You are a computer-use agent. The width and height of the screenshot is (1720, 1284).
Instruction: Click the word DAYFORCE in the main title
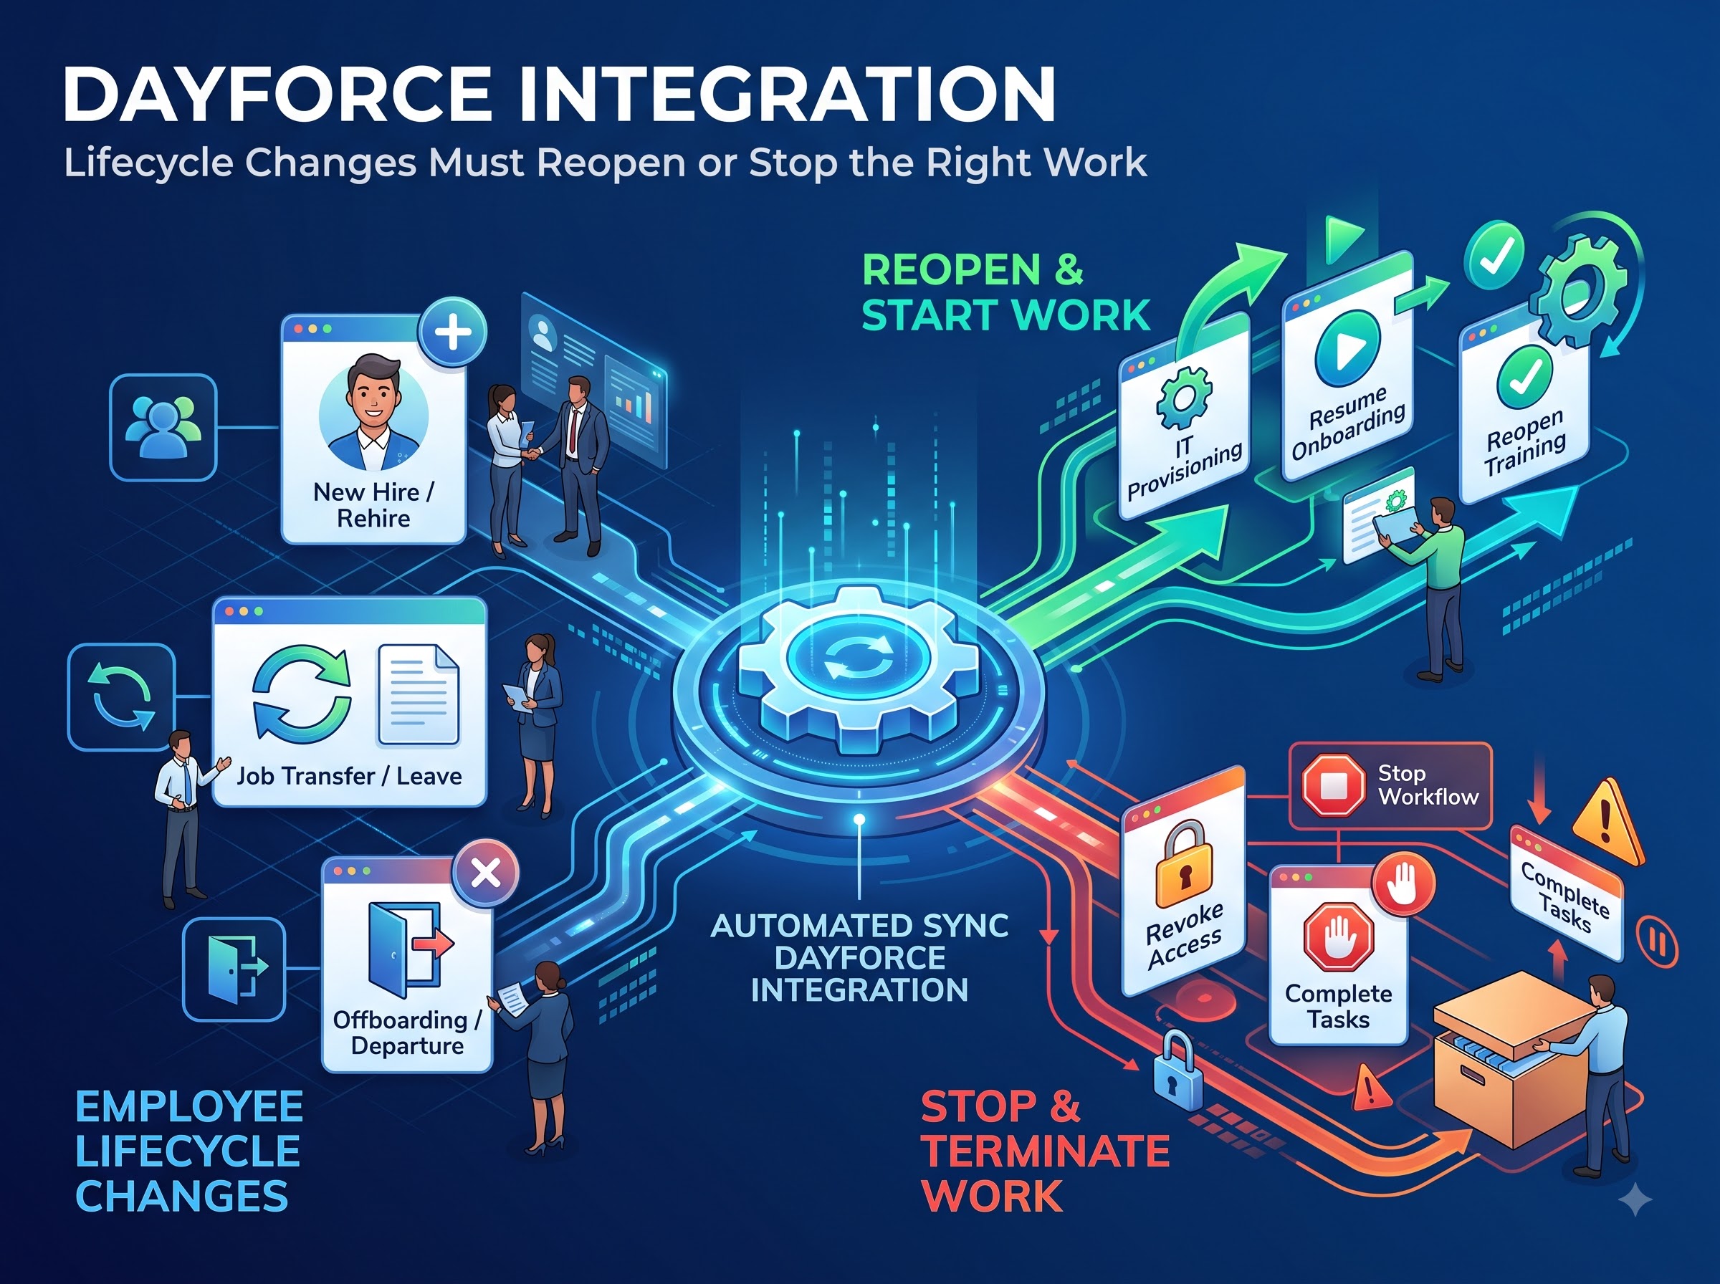[x=277, y=94]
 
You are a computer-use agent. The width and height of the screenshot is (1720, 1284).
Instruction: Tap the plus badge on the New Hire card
[x=452, y=332]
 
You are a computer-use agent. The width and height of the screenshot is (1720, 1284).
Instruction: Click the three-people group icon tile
[x=163, y=427]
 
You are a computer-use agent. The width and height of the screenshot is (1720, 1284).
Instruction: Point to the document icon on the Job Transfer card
[x=418, y=695]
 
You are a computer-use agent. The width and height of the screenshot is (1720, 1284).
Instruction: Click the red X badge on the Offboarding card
[x=486, y=873]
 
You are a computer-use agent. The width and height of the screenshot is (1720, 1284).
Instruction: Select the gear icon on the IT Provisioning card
[x=1183, y=398]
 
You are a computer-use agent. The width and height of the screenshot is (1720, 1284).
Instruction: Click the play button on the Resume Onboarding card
[x=1347, y=348]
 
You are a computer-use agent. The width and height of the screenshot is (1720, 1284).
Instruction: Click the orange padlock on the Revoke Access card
[x=1183, y=864]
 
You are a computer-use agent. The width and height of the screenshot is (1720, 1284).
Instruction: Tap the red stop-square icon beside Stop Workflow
[x=1333, y=786]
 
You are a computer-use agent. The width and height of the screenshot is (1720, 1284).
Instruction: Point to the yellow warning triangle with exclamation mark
[x=1608, y=823]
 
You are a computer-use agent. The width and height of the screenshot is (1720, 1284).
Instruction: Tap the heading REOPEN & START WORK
[x=1005, y=292]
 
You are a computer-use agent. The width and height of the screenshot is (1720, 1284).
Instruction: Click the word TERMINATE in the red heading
[x=1046, y=1151]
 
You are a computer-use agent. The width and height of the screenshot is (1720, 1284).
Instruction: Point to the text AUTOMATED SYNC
[x=859, y=926]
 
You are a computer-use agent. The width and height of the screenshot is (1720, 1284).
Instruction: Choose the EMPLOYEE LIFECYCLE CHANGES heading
[x=189, y=1151]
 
